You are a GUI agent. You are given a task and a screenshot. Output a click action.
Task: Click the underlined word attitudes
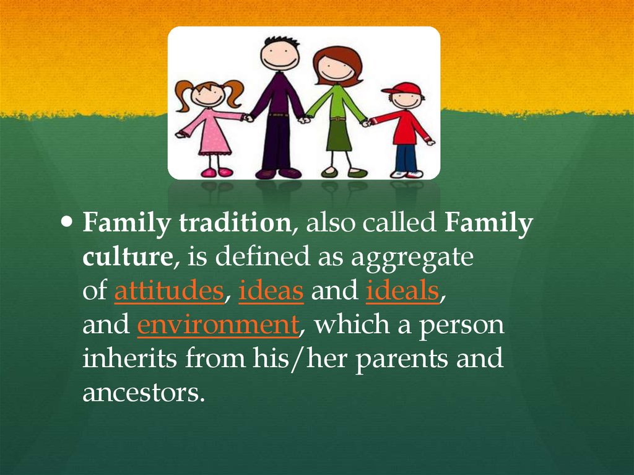click(x=168, y=291)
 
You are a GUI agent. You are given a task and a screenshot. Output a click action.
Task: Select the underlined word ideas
click(x=271, y=291)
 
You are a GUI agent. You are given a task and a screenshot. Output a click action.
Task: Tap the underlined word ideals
click(x=402, y=291)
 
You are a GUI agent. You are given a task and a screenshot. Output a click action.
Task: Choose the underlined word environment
click(x=217, y=325)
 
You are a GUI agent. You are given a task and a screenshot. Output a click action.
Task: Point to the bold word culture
click(x=127, y=258)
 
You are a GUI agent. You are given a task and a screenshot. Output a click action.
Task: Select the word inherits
click(x=128, y=359)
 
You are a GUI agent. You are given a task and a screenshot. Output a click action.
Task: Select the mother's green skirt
click(x=339, y=134)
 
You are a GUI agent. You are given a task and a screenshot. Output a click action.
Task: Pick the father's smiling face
click(x=280, y=56)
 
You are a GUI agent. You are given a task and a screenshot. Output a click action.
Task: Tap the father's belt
click(x=279, y=115)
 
